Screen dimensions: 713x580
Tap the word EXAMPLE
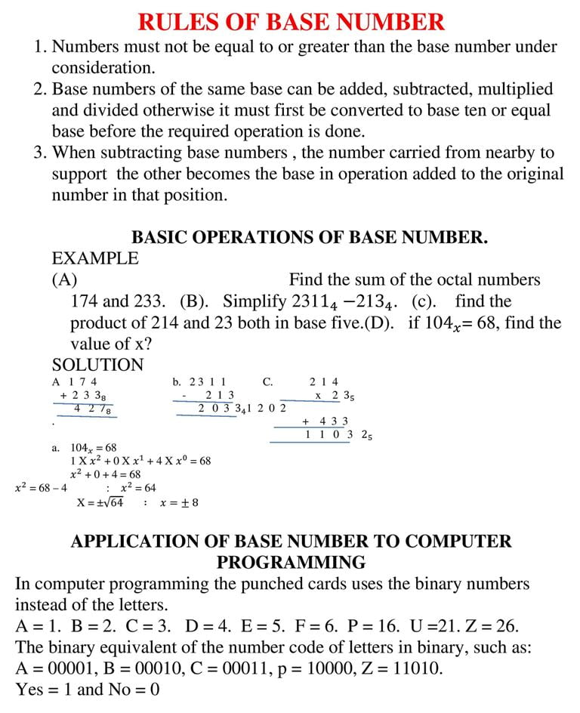(x=95, y=258)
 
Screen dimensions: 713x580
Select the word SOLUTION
(x=97, y=365)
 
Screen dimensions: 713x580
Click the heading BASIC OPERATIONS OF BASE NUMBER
(x=310, y=237)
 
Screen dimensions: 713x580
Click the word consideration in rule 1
(x=103, y=68)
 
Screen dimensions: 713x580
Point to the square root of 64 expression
(x=101, y=502)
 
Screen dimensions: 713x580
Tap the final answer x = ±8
(x=179, y=503)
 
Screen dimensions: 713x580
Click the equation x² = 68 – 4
(x=41, y=488)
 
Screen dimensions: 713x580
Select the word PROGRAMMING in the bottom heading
(x=291, y=563)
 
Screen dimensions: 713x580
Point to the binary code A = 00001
(x=58, y=668)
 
